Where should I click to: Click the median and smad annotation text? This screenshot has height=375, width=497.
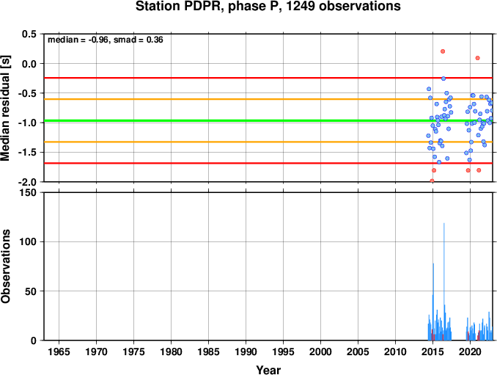pos(106,40)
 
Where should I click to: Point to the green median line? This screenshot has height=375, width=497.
pos(268,120)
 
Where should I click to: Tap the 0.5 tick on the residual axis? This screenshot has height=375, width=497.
pos(29,34)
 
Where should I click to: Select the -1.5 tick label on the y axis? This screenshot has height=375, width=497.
pos(27,153)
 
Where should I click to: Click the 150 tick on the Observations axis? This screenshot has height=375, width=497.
pos(28,192)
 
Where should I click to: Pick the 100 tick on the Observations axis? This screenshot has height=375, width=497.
pos(28,241)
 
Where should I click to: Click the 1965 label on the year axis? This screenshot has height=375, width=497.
pos(59,352)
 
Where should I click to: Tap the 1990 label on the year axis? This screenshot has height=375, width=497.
pos(246,352)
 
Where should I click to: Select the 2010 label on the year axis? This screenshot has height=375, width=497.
pos(395,352)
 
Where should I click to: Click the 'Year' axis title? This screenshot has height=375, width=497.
pos(268,370)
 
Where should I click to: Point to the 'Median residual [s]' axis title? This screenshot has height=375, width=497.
pos(5,108)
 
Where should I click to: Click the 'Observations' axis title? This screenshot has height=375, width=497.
pos(5,266)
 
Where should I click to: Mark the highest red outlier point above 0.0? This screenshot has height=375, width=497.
pos(443,51)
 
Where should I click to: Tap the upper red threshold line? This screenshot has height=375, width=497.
pos(268,78)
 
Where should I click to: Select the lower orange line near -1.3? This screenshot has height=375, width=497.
pos(268,142)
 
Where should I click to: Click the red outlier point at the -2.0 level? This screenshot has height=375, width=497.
pos(432,181)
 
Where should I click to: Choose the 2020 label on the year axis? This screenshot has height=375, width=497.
pos(470,352)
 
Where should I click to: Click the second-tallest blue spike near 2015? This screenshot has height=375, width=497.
pos(433,302)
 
